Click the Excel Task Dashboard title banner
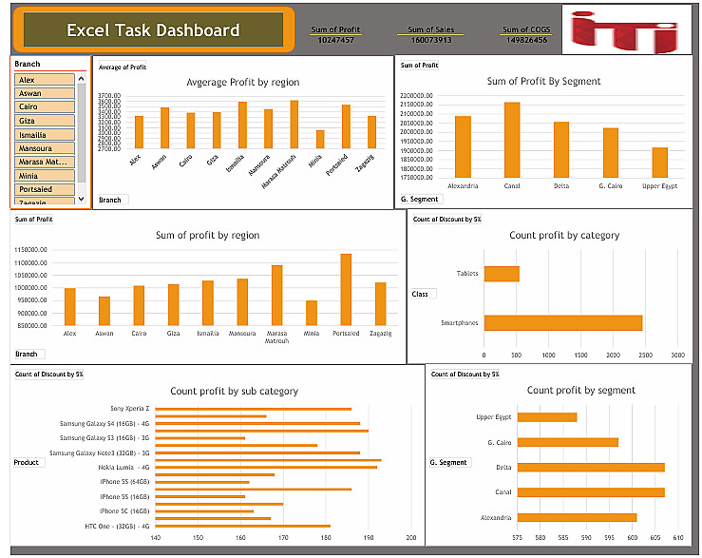(153, 30)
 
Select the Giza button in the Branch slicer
(45, 121)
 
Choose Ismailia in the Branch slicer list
(45, 135)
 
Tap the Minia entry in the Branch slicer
(45, 175)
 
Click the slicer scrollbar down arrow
(82, 198)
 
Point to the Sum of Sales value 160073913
(430, 40)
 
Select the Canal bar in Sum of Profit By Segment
(512, 140)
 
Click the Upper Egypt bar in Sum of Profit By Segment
(659, 162)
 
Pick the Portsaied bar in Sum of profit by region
(346, 289)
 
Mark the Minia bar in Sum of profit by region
(312, 313)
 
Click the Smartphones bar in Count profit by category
(562, 323)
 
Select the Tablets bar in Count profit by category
(502, 274)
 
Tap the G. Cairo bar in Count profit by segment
(567, 442)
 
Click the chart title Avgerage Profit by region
(242, 83)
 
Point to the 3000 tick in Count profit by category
(676, 356)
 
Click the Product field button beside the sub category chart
(27, 463)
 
